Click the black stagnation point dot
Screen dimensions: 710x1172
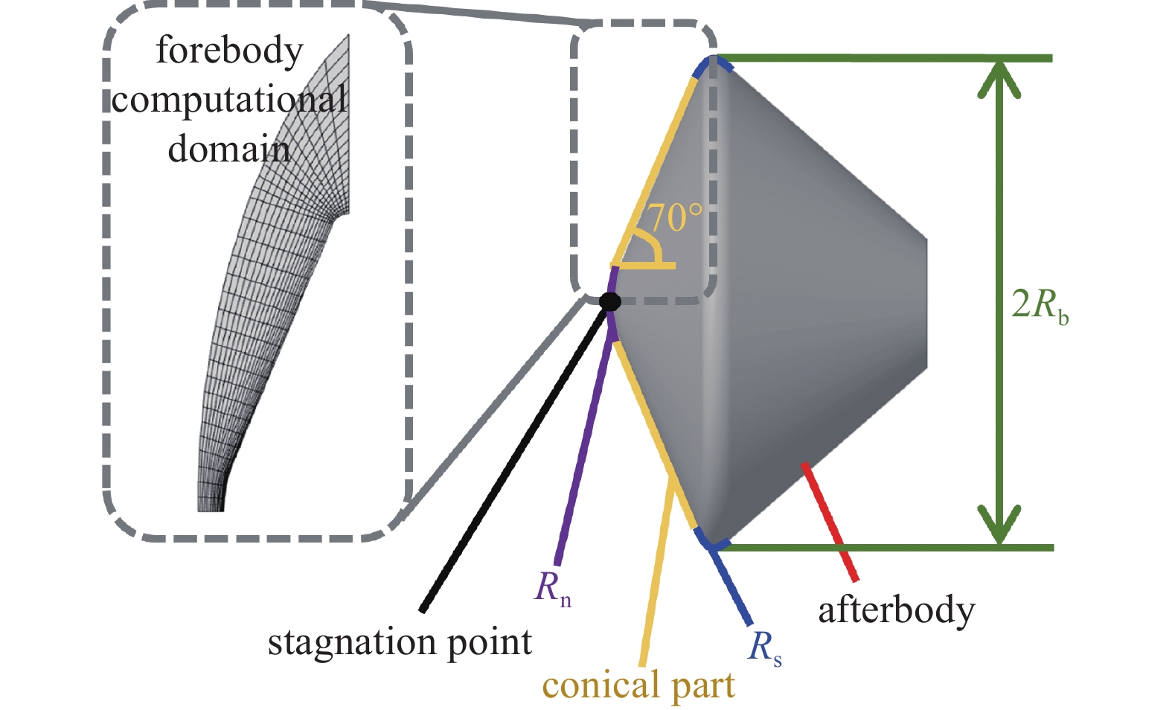610,301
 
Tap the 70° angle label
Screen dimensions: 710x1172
674,217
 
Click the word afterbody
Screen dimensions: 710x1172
896,611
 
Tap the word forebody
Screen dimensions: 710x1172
229,51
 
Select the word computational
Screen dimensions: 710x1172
229,100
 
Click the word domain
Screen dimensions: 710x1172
228,149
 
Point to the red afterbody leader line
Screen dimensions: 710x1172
830,521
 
